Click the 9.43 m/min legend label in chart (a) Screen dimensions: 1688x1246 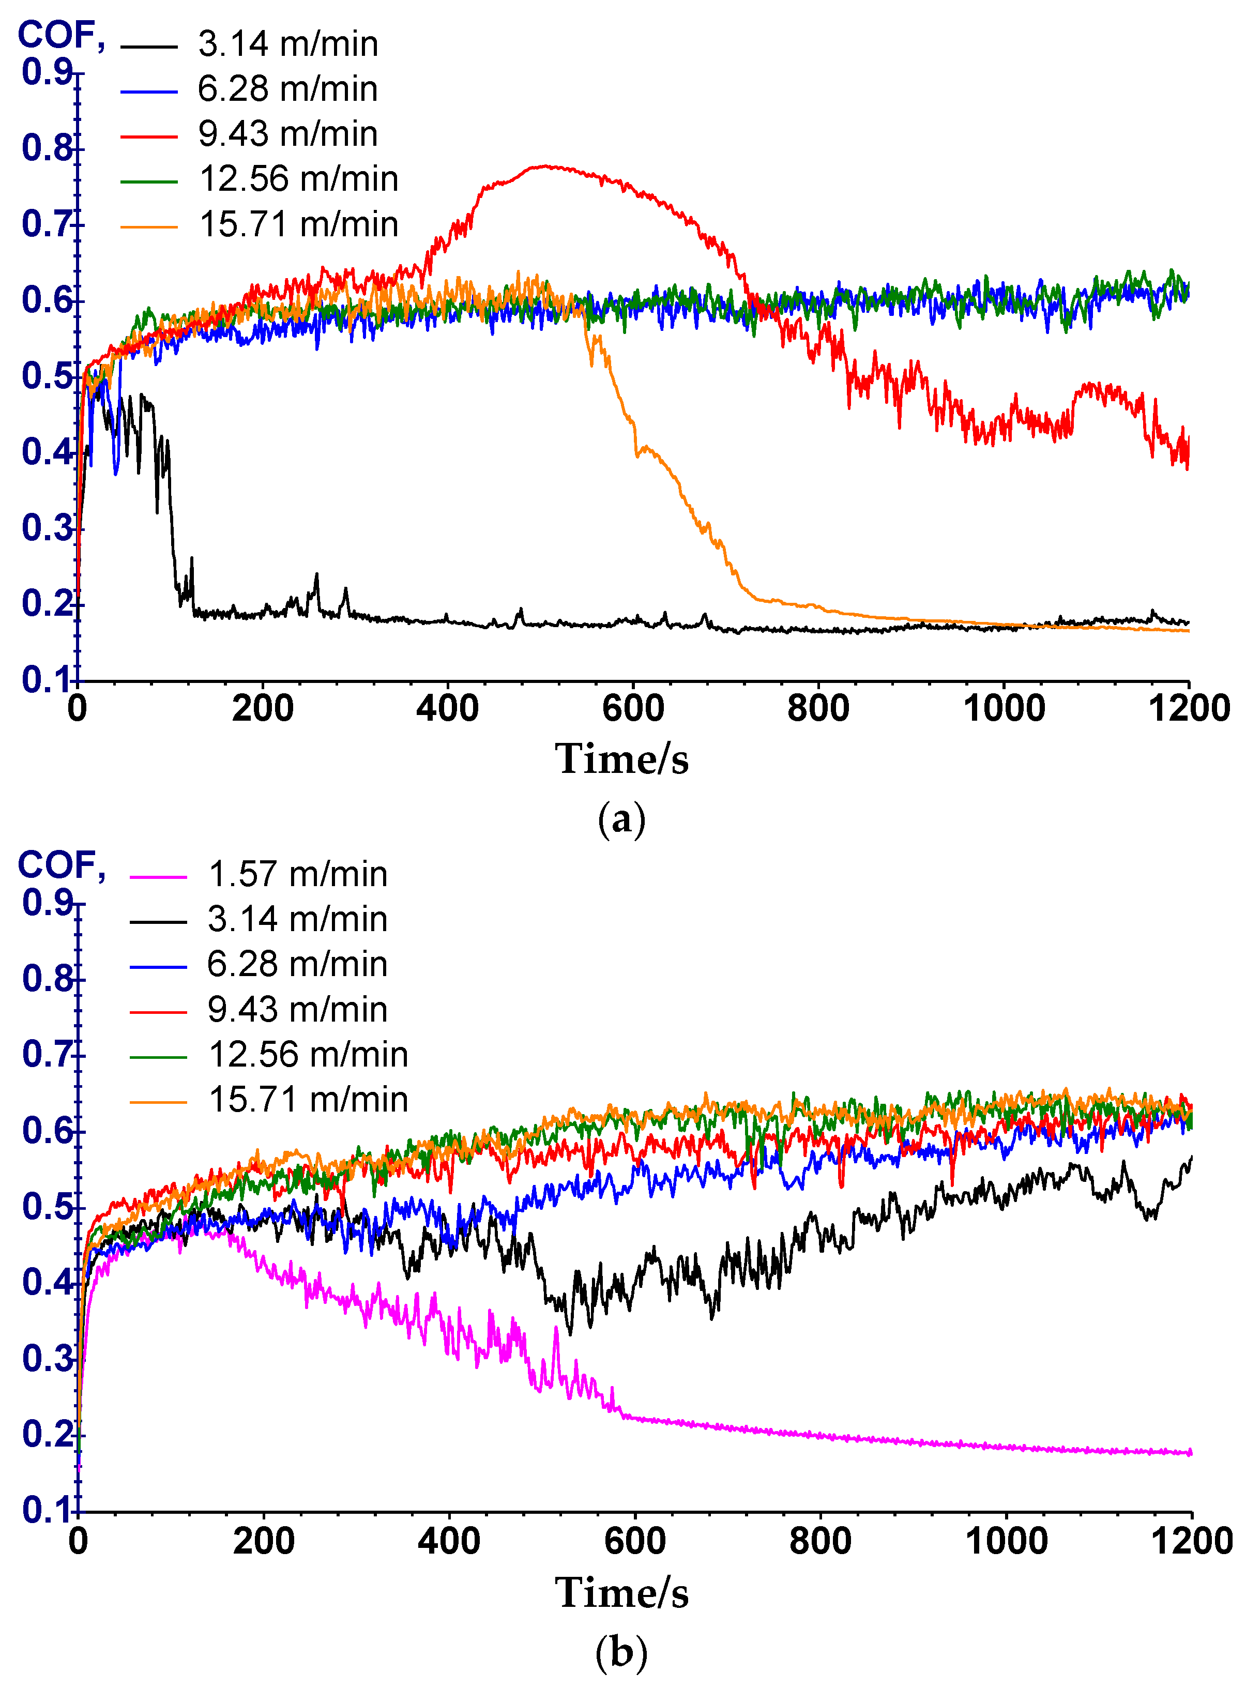coord(287,134)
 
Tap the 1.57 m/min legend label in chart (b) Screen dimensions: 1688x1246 coord(297,874)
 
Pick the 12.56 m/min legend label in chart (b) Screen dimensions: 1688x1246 coord(308,1055)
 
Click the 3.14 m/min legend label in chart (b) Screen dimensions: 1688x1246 coord(297,919)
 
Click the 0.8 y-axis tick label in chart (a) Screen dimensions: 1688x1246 coord(47,148)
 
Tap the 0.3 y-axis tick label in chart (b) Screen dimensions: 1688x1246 coord(47,1358)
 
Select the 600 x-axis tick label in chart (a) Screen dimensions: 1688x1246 coord(633,709)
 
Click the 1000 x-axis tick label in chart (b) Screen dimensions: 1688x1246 coord(1006,1541)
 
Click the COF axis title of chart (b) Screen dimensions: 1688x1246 coord(60,865)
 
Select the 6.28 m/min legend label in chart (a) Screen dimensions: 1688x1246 coord(287,89)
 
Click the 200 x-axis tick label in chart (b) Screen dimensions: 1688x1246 coord(263,1541)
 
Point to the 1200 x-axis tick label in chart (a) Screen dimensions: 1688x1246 coord(1189,709)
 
